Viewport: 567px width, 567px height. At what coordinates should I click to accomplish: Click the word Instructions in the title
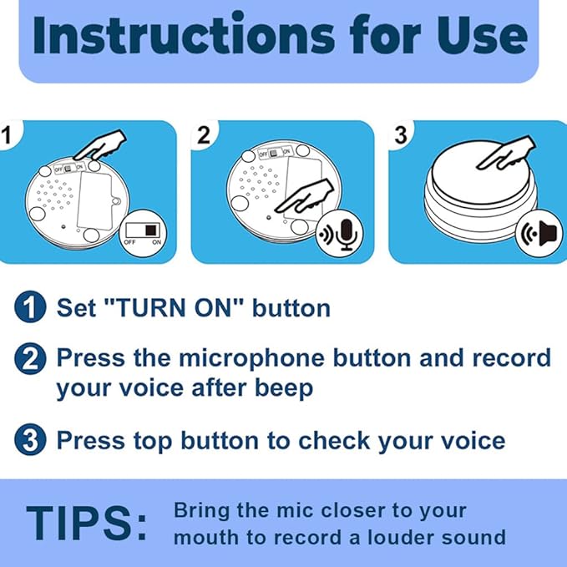(184, 35)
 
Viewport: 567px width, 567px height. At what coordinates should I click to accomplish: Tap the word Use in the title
(481, 35)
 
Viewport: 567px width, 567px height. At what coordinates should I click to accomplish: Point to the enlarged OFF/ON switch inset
(143, 233)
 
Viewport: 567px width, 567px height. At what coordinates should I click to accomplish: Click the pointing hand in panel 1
(100, 146)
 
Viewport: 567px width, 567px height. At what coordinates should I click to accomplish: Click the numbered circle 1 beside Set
(30, 306)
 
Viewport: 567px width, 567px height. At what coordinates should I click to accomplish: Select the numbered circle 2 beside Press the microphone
(30, 359)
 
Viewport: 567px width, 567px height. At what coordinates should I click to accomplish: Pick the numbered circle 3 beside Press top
(30, 439)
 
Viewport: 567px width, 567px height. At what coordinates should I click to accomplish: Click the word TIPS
(86, 523)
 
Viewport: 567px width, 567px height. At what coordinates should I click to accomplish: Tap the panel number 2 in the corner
(204, 135)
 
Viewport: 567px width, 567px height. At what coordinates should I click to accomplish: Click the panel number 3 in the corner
(401, 135)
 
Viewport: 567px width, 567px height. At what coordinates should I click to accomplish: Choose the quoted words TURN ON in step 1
(175, 307)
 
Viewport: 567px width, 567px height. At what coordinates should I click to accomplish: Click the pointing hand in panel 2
(305, 196)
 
